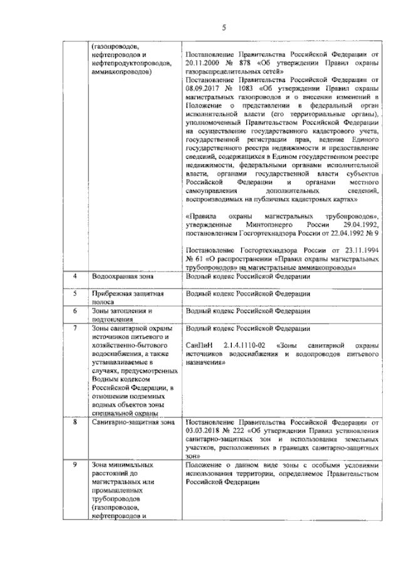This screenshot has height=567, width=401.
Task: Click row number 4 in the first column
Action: (75, 275)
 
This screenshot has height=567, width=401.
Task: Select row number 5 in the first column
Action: (75, 293)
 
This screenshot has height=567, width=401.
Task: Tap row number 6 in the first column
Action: (75, 310)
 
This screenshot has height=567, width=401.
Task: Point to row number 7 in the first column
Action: (75, 328)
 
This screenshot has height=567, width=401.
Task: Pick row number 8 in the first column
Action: (75, 422)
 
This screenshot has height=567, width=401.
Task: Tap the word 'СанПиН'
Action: (200, 345)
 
